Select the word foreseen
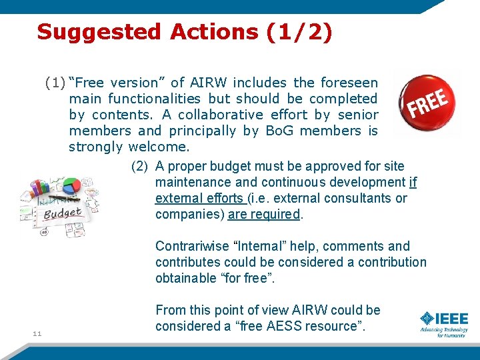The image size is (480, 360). [x=349, y=83]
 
